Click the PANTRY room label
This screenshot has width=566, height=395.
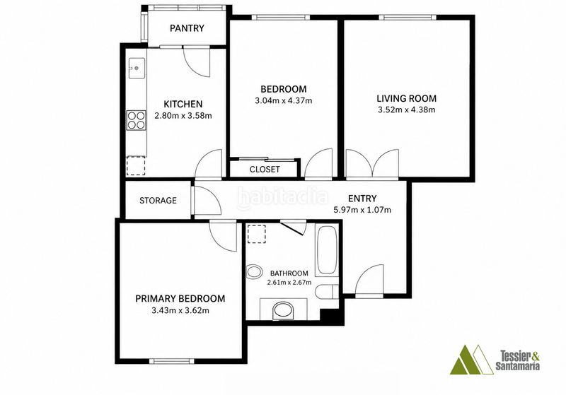coord(187,28)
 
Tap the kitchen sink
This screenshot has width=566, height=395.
coord(137,68)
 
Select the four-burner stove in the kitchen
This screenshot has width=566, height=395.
coord(137,120)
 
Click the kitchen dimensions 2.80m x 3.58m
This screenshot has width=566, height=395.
coord(183,116)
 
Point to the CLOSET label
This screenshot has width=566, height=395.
coord(265,169)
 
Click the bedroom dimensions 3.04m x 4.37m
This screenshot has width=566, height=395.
coord(284,100)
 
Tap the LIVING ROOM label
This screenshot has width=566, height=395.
coord(406,98)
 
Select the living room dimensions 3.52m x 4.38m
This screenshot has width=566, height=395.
coord(406,110)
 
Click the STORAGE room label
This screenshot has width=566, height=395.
coord(158,201)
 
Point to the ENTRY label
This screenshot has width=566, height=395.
coord(362,199)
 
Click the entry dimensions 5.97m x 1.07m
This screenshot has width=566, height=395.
coord(362,210)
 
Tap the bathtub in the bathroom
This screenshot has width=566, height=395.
coord(327,249)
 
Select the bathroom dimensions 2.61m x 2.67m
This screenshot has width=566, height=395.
coord(289,282)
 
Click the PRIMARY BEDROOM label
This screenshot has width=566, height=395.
coord(180,298)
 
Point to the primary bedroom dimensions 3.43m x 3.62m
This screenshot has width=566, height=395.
coord(180,310)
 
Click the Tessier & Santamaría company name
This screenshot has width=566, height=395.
coord(518,361)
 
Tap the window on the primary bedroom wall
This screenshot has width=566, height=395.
coord(171,361)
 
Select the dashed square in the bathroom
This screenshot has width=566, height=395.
coord(257,234)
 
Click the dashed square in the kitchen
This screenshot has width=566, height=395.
coord(136,166)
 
